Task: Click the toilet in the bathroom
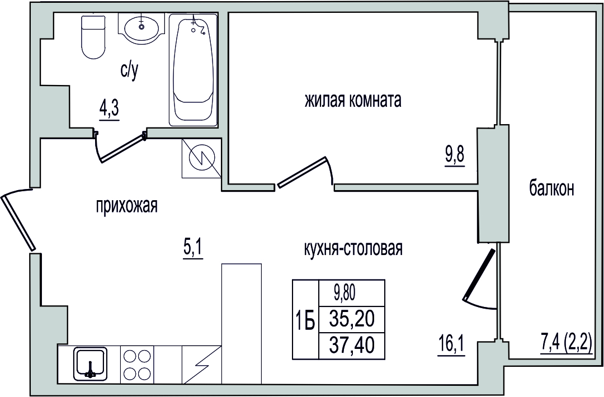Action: pyautogui.click(x=93, y=37)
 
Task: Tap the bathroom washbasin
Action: pyautogui.click(x=141, y=26)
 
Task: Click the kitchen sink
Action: pyautogui.click(x=89, y=363)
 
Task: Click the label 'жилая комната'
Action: pyautogui.click(x=353, y=100)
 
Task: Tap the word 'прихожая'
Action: pyautogui.click(x=127, y=206)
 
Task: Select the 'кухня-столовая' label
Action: pyautogui.click(x=353, y=249)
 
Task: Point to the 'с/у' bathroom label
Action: pyautogui.click(x=129, y=71)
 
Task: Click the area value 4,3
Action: pyautogui.click(x=110, y=111)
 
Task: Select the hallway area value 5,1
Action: pyautogui.click(x=192, y=249)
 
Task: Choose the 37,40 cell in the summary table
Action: pyautogui.click(x=352, y=345)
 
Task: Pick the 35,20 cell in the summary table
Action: pyautogui.click(x=352, y=319)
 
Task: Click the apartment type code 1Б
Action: pyautogui.click(x=305, y=320)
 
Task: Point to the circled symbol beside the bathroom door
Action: pyautogui.click(x=201, y=159)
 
